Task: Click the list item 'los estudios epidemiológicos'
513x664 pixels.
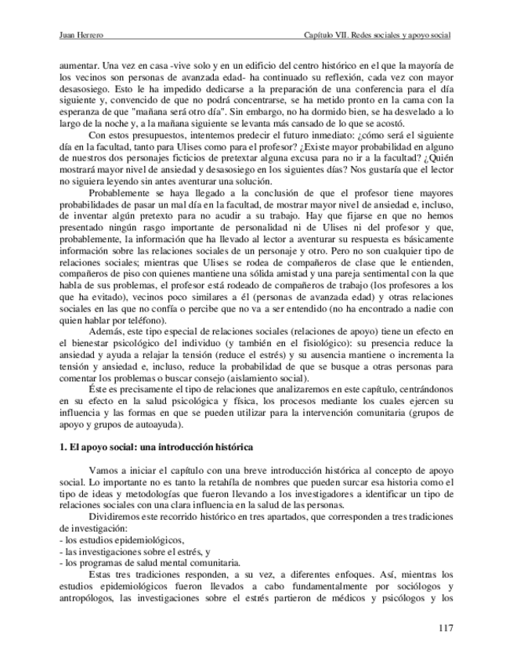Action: pos(123,541)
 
